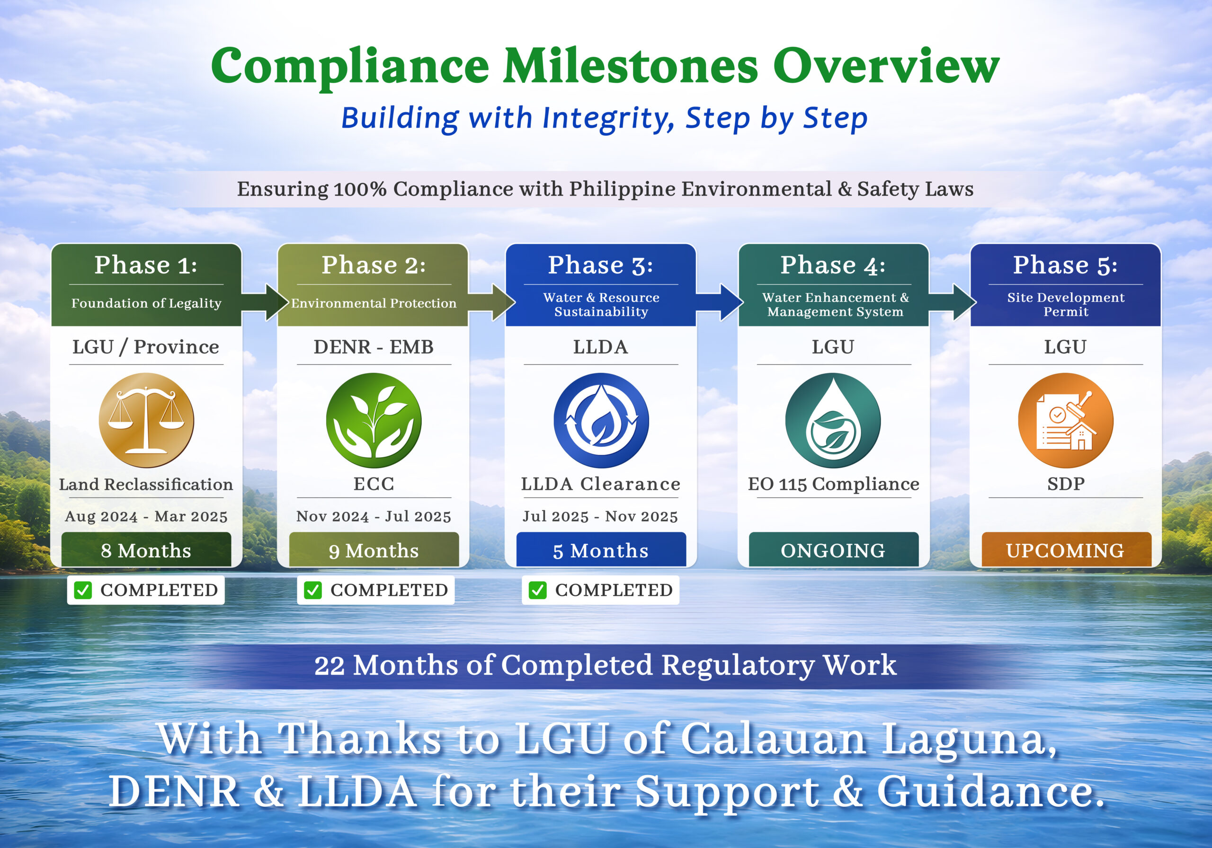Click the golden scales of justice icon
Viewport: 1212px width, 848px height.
click(146, 420)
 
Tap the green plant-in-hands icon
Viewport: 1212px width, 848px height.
click(374, 420)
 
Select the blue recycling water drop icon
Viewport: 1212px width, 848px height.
click(601, 420)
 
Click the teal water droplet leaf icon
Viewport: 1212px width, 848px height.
click(833, 420)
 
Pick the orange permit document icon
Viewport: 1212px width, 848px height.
click(1065, 420)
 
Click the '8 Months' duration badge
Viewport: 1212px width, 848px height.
click(146, 550)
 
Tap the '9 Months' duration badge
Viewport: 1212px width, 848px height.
click(374, 550)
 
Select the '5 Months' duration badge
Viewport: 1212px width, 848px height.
click(601, 550)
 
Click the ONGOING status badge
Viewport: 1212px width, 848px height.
click(833, 550)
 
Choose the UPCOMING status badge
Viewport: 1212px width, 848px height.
click(1065, 550)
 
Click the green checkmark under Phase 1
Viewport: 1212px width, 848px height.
click(83, 590)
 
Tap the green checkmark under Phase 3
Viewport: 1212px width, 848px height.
click(537, 590)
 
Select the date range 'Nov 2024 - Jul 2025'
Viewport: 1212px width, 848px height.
click(374, 516)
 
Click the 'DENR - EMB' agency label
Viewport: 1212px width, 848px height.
click(374, 347)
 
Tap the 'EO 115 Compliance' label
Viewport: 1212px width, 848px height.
click(833, 484)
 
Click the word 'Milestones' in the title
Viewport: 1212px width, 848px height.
click(630, 66)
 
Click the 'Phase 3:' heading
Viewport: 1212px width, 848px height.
click(601, 265)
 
